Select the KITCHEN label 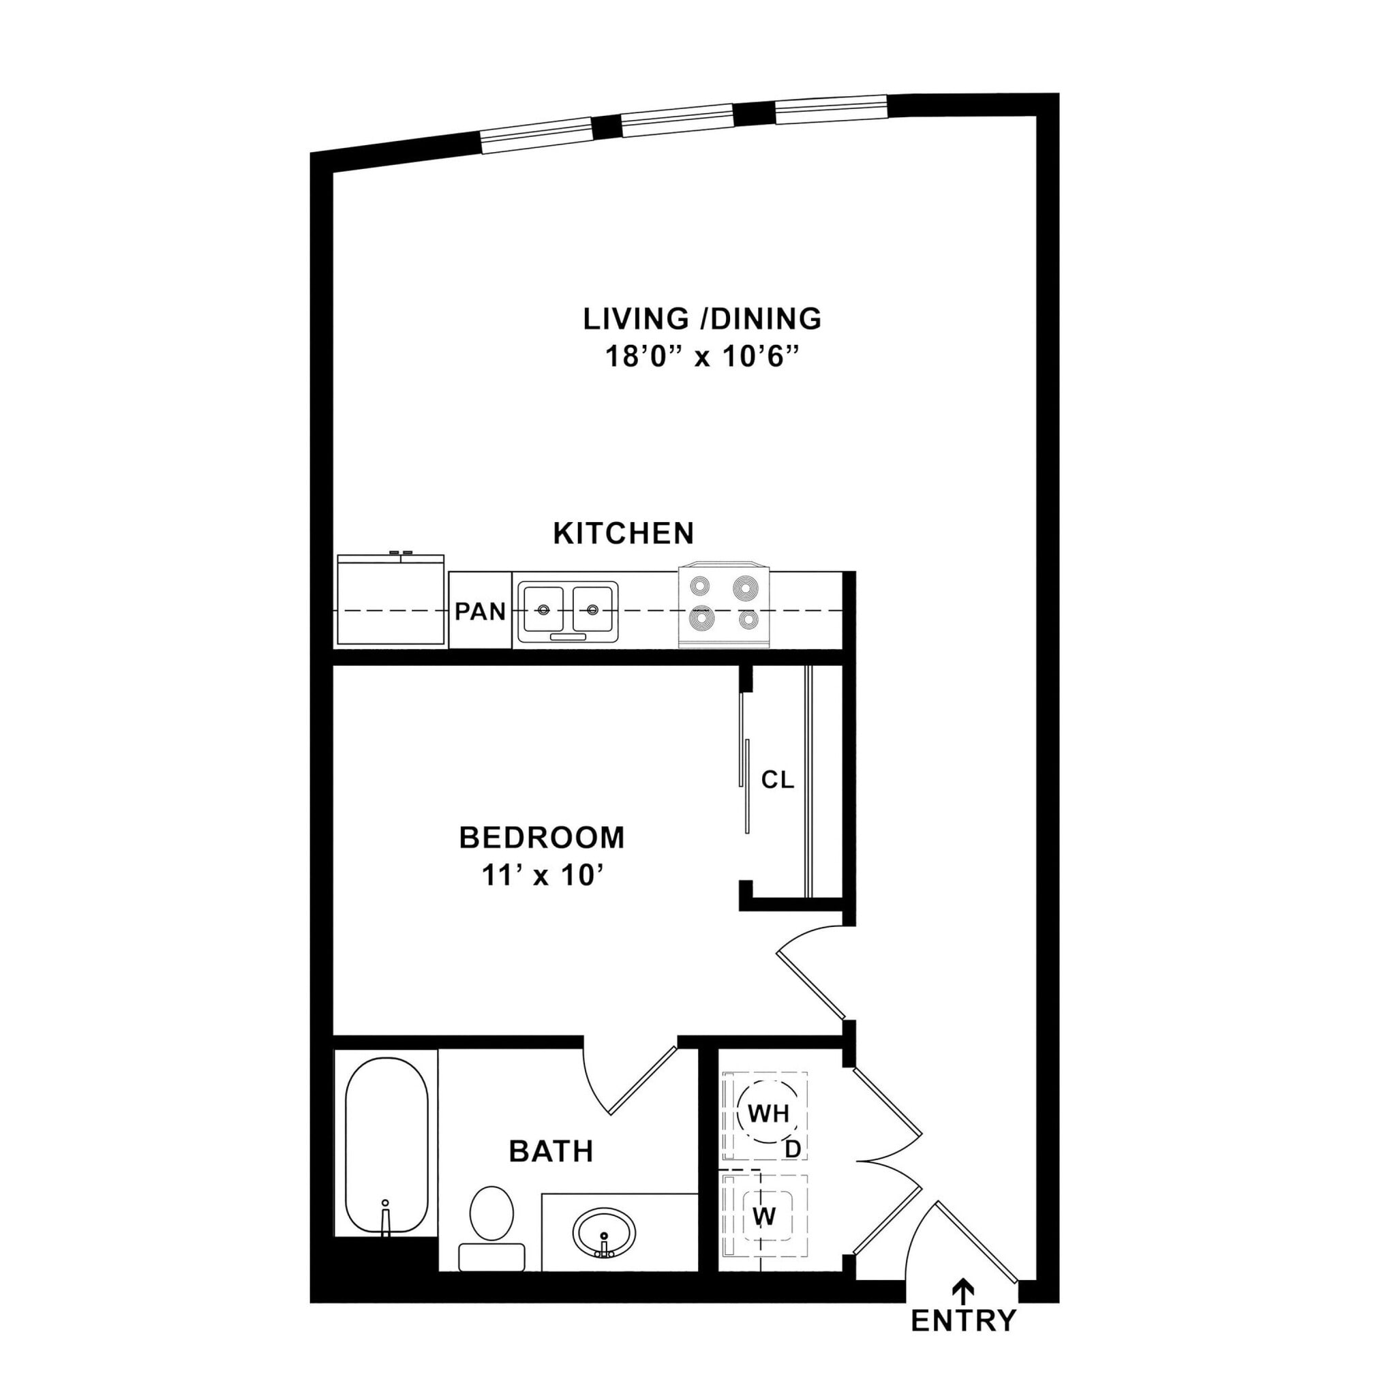[623, 533]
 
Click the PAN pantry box [480, 611]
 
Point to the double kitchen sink [567, 611]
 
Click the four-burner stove [725, 605]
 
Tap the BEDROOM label [542, 838]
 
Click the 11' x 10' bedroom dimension [542, 876]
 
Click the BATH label [551, 1151]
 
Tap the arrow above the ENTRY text [962, 1287]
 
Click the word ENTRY [963, 1320]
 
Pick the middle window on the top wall [678, 121]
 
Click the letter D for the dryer [793, 1149]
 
